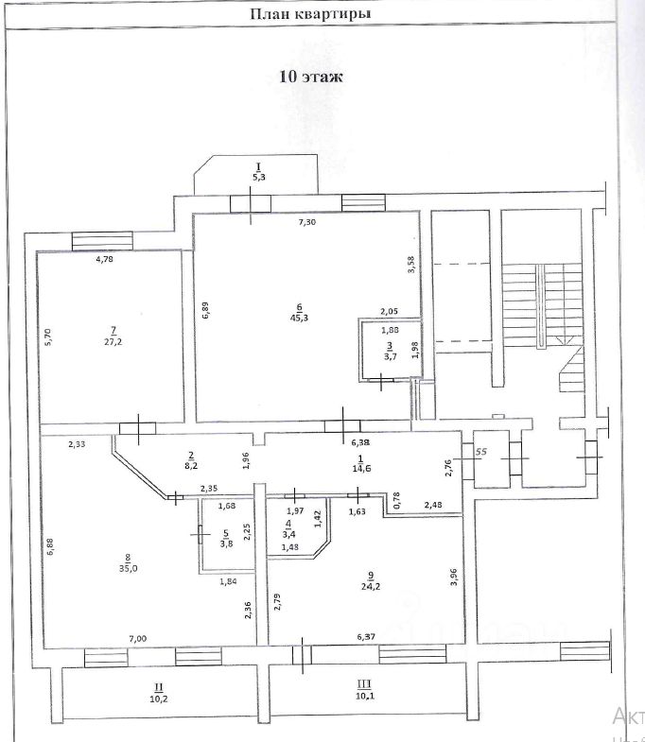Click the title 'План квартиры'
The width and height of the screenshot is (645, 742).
point(309,14)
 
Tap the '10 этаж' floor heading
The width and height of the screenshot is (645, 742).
point(310,78)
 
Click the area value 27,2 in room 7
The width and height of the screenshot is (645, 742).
point(113,342)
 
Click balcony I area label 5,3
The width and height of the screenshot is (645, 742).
point(258,176)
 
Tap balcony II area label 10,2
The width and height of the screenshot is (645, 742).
point(158,700)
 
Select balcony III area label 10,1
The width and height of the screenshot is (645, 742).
point(363,699)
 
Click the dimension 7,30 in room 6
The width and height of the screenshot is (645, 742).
point(307,222)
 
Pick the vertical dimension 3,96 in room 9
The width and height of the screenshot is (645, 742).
point(455,578)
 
